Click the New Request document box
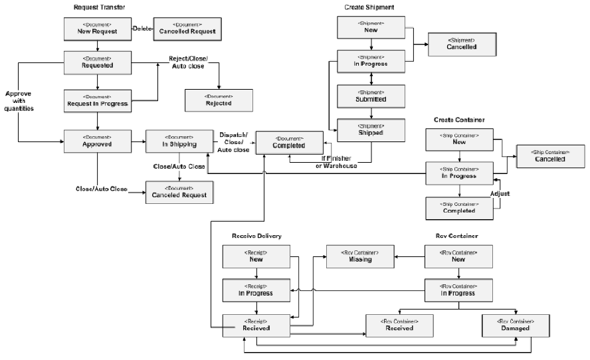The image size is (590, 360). point(98,29)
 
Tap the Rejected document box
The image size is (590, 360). point(218,100)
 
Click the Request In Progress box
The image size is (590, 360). point(98,100)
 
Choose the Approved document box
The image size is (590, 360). point(98,141)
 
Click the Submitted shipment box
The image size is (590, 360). point(370,96)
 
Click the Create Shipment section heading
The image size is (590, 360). point(369,7)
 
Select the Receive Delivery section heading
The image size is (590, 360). point(256,236)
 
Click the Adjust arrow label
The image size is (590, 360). point(500,194)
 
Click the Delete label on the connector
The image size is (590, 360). point(142,29)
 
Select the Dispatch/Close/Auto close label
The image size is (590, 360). point(234,142)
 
